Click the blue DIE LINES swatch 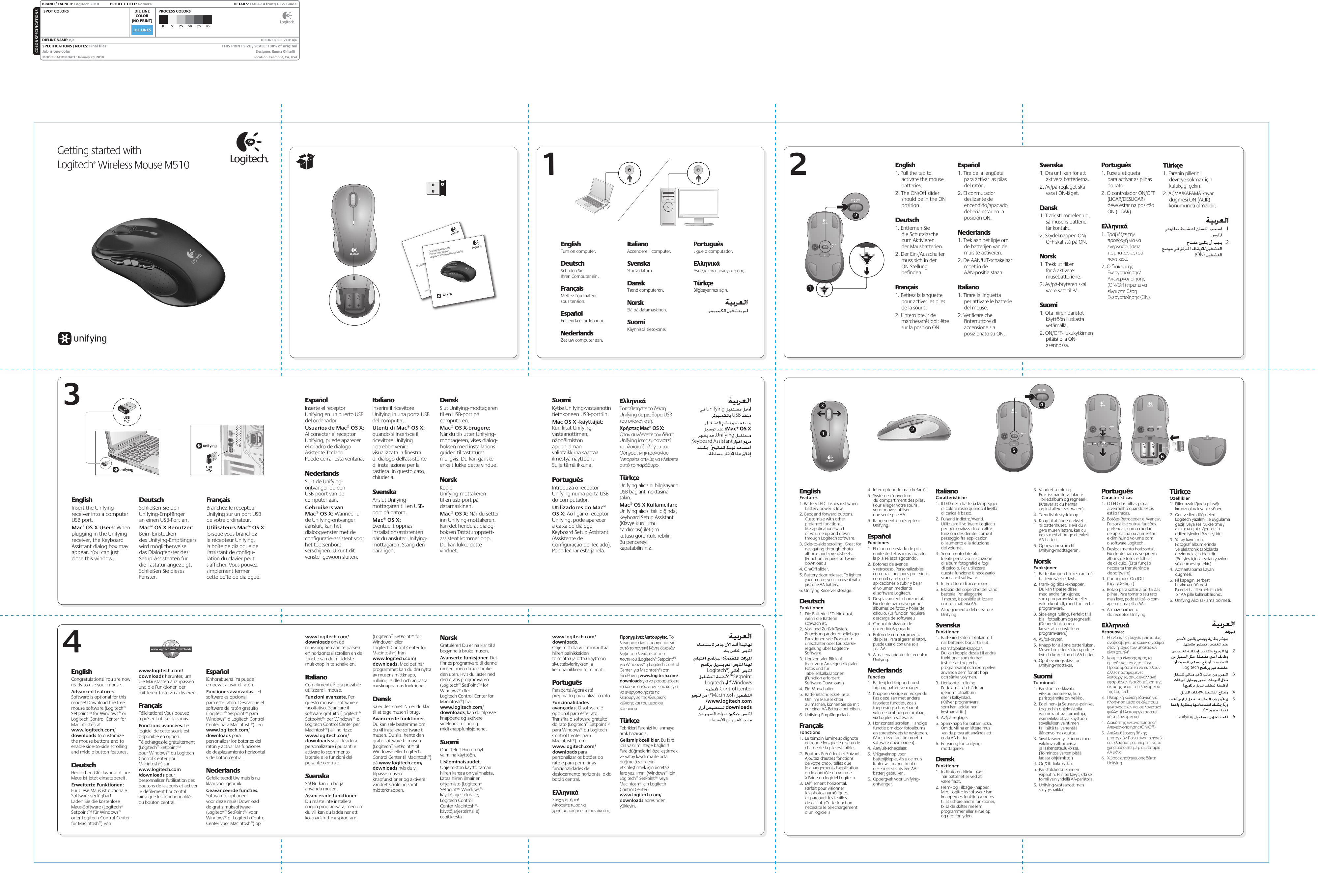[142, 30]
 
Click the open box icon [306, 161]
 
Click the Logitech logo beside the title [249, 148]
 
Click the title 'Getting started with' [99, 150]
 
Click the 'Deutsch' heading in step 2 [907, 220]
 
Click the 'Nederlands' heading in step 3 [322, 473]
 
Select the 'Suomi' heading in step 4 [449, 742]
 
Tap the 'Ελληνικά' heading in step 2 [1114, 226]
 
